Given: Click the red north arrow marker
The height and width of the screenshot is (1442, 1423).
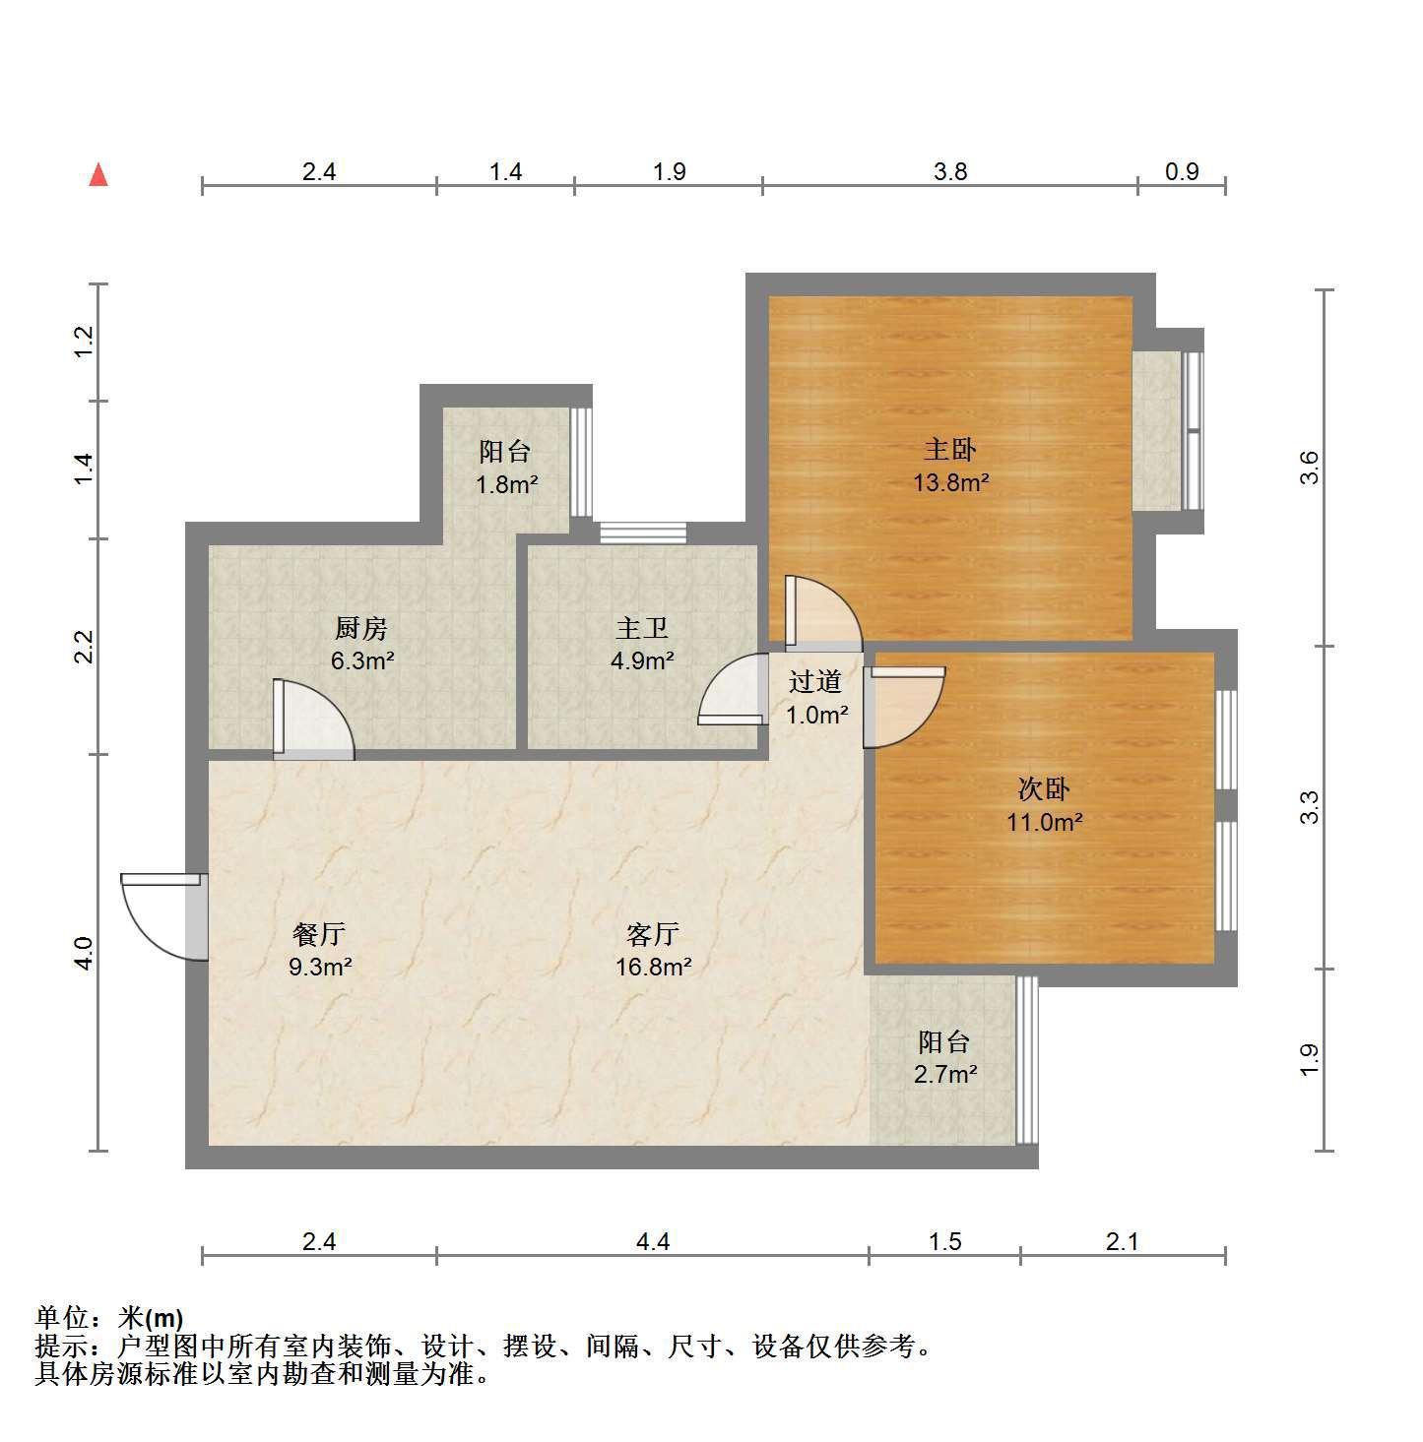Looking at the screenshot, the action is [x=98, y=175].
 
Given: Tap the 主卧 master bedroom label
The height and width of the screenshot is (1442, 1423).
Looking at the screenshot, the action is [x=949, y=449].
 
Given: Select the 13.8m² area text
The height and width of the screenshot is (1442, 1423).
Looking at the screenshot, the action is [x=950, y=482].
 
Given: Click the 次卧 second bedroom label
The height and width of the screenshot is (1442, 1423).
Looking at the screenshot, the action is [x=1043, y=788].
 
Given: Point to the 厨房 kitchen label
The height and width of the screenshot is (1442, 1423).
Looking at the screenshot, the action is [x=361, y=628].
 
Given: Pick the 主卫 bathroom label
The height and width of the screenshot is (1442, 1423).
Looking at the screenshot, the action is [x=642, y=628].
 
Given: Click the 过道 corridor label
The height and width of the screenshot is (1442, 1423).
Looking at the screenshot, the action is [x=815, y=681].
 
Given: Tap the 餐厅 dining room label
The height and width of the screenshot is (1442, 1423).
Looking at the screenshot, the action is [x=319, y=934].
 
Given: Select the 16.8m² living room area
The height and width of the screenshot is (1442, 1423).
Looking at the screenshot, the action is [x=653, y=967].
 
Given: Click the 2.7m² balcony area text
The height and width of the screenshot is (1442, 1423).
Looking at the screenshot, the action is [x=945, y=1075].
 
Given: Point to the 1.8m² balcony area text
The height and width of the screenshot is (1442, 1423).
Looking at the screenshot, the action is [x=507, y=485].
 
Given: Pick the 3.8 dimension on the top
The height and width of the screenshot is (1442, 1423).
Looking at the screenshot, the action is [x=950, y=172].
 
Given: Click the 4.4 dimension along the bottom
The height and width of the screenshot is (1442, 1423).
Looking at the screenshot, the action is [x=652, y=1242].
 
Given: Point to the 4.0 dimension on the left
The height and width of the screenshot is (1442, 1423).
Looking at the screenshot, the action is [x=84, y=954].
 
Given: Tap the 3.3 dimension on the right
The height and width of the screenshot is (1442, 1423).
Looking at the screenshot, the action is [x=1309, y=807].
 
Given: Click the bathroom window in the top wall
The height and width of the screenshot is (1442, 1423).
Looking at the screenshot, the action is [x=643, y=533].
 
